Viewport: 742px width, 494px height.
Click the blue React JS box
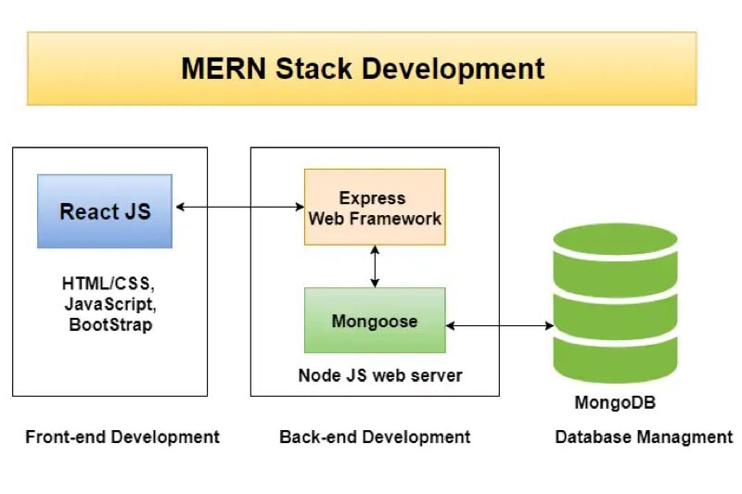[x=105, y=210]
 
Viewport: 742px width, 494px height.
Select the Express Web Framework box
[x=375, y=207]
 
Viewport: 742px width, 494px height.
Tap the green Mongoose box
[x=375, y=320]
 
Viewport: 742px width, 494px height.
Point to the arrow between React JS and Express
[x=239, y=207]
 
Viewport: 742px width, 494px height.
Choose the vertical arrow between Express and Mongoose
[x=375, y=266]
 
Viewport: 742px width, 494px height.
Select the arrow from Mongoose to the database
[x=499, y=325]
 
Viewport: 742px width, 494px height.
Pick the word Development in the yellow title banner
[x=463, y=69]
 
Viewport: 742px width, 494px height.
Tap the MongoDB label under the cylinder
[x=615, y=402]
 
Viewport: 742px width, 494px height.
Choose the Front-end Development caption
[x=122, y=437]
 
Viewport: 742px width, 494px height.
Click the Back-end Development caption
[x=375, y=437]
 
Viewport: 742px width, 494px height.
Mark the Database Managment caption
[x=644, y=437]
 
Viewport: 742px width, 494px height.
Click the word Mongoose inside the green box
[x=375, y=322]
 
